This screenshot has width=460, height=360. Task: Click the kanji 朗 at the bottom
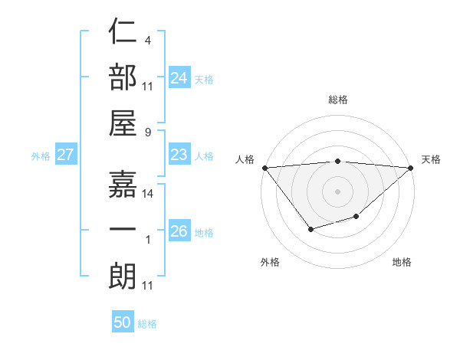123,276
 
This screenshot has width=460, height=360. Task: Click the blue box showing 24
179,77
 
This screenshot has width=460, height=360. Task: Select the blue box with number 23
179,155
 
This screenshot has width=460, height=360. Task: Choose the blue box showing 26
179,231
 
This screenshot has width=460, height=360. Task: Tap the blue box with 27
65,155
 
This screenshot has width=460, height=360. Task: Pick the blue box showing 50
123,322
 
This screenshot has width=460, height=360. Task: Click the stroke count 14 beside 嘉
148,194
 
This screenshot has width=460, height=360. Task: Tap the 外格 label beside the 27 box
41,156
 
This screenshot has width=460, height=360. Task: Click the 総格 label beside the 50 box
147,324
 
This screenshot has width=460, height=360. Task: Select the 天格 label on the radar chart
431,159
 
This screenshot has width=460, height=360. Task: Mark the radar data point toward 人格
264,168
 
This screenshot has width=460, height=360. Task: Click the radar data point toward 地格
356,218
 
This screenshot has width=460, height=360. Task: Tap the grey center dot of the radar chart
337,191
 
